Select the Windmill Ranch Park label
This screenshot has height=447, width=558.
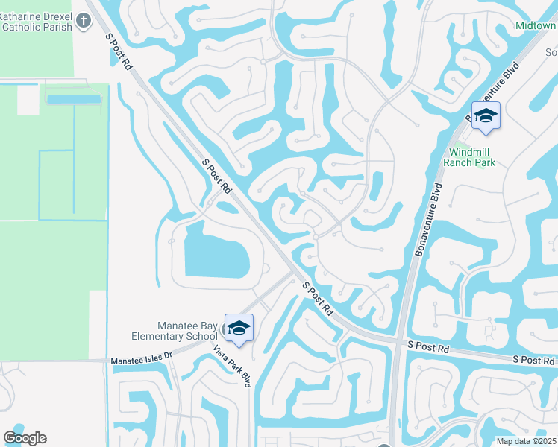point(469,156)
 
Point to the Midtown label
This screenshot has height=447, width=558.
point(535,26)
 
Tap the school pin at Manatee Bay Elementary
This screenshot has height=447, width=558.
point(239,329)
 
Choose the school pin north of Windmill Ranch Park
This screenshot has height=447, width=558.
point(486,116)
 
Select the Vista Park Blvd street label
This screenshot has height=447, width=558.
point(231,365)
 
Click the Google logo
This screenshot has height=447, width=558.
point(25,438)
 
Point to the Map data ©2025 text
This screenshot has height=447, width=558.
point(525,441)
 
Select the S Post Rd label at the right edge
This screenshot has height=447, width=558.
point(533,360)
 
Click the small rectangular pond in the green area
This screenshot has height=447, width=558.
point(73,99)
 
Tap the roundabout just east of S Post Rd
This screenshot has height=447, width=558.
point(316,237)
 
